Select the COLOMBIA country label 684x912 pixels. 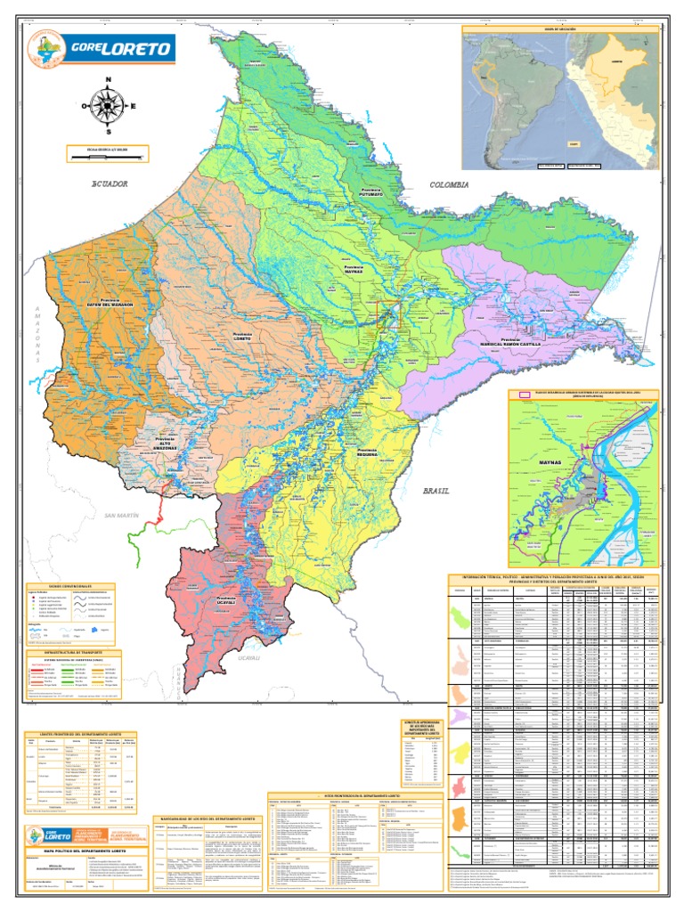[448, 184]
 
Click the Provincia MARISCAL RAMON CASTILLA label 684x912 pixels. [511, 340]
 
